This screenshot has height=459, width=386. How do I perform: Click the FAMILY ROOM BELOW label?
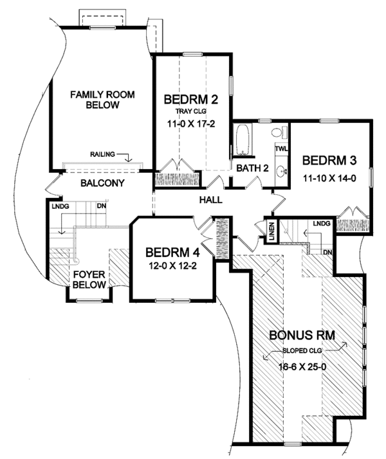tap(103, 100)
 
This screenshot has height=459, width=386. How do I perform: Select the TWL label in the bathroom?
tap(280, 149)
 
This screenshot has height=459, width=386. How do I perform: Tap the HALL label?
tap(210, 200)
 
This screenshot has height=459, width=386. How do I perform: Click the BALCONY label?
tap(102, 183)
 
